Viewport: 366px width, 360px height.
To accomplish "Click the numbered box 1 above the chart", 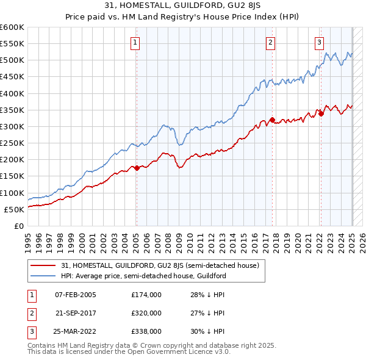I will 134,42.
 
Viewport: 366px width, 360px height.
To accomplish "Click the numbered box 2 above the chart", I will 270,42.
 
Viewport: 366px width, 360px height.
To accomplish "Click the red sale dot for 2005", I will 137,168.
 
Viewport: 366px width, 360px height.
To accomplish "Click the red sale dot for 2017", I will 273,120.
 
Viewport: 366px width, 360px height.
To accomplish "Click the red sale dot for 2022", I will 321,114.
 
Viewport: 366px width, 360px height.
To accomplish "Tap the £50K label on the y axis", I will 14,209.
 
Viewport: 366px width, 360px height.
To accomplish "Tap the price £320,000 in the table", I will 146,313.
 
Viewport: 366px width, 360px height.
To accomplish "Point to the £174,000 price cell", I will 146,295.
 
